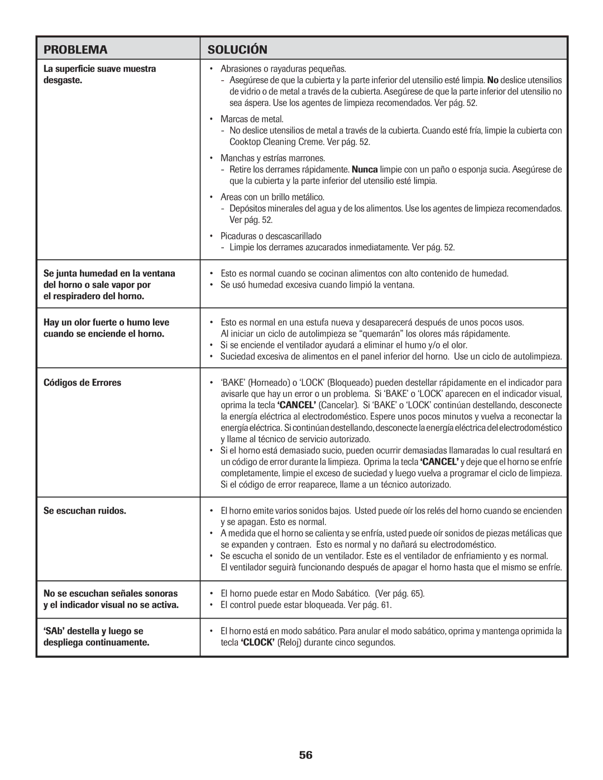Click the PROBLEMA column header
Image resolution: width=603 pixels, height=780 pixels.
tap(75, 50)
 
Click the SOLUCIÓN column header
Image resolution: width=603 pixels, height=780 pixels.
tap(237, 50)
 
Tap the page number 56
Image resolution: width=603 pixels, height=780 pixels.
tap(305, 755)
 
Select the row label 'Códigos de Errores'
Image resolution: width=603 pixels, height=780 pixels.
tap(82, 383)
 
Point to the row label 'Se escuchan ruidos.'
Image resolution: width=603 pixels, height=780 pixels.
tap(85, 511)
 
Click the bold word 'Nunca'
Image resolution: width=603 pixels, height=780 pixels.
tap(365, 170)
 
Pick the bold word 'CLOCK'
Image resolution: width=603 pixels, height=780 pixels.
tap(257, 643)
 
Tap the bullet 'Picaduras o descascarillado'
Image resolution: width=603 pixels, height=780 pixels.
tap(271, 236)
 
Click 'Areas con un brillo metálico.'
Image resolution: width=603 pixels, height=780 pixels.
tap(272, 197)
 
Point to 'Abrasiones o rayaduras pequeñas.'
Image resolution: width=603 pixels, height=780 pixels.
tap(283, 69)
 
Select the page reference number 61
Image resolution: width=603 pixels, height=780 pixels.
tap(385, 605)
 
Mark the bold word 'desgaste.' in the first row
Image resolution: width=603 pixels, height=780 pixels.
tap(63, 80)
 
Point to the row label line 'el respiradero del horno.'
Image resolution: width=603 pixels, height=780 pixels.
tap(94, 296)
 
